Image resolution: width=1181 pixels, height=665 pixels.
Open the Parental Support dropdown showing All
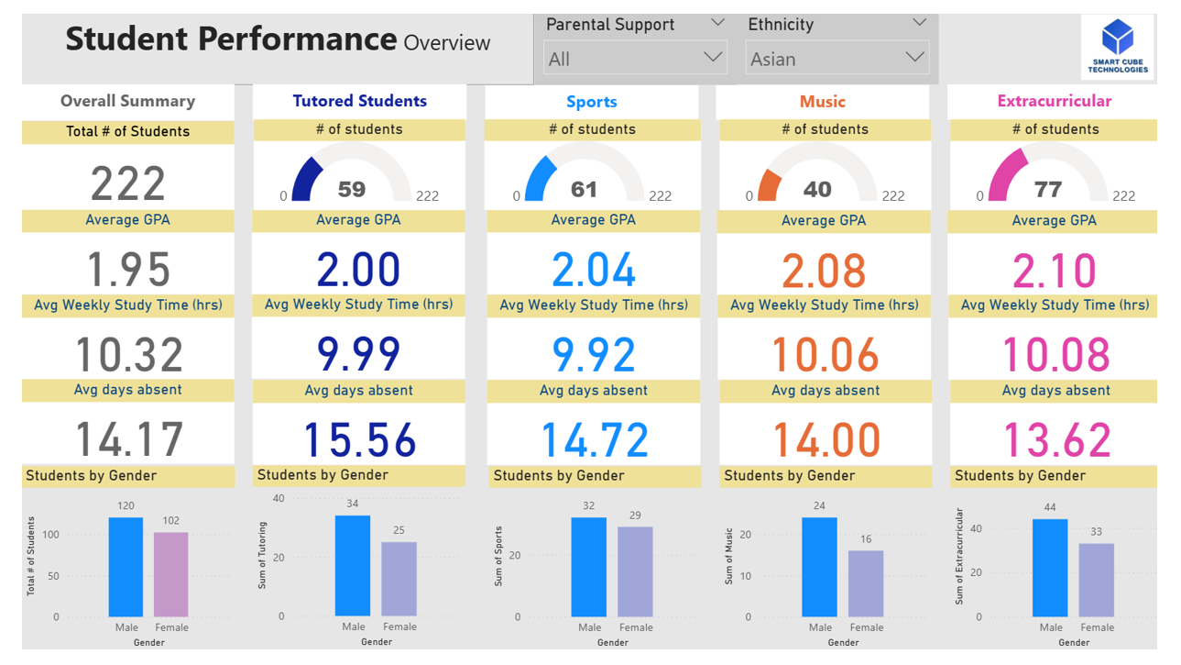point(635,59)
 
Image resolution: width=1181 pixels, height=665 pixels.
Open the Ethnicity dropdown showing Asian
point(837,59)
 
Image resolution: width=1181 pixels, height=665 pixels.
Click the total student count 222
point(128,183)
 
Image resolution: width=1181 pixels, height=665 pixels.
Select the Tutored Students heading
point(359,101)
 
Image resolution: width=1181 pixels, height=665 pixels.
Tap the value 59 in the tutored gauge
point(352,190)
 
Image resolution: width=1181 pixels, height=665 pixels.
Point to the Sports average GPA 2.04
point(594,270)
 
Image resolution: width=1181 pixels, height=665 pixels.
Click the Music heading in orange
point(822,102)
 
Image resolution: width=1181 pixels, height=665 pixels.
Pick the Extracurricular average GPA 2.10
point(1055,271)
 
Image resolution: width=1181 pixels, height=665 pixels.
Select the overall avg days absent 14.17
point(128,438)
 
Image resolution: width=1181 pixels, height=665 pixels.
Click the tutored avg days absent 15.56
point(359,439)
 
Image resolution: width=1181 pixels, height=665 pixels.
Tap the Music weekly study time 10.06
point(825,355)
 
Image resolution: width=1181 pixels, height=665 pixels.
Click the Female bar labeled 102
point(170,574)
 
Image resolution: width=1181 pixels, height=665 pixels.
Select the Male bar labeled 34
point(353,565)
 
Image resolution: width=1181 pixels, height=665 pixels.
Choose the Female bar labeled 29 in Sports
point(635,571)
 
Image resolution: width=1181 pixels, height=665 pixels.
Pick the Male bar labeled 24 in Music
point(819,567)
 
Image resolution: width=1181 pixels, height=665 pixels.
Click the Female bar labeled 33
point(1096,580)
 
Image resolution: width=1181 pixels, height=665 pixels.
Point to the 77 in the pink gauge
point(1048,190)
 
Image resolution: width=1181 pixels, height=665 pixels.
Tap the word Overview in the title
point(447,42)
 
